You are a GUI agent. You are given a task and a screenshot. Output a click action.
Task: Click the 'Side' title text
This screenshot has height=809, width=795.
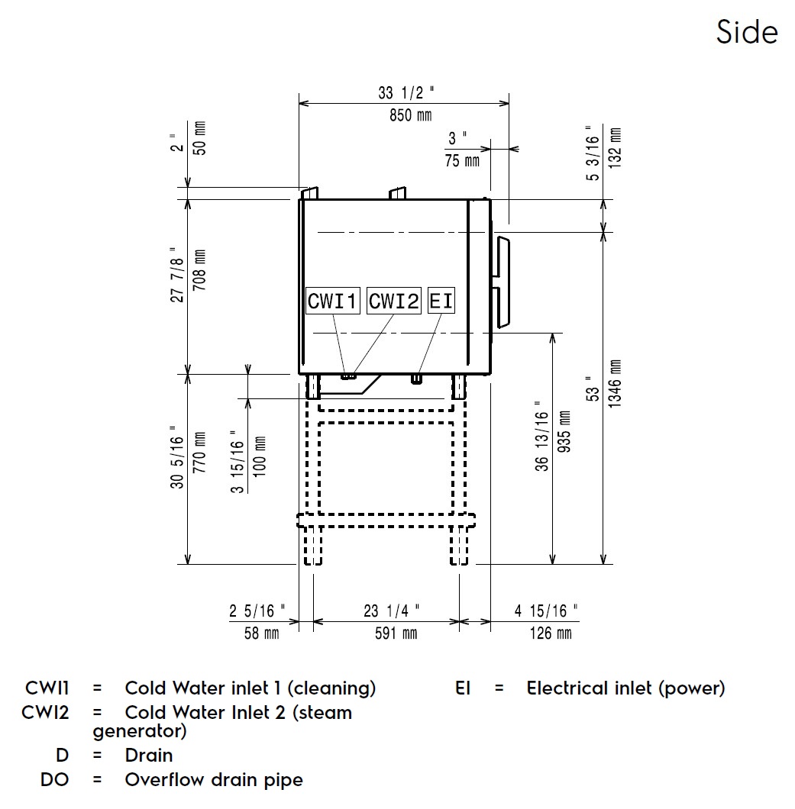point(747,32)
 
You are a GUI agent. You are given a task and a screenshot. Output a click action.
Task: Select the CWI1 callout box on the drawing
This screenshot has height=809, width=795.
point(332,301)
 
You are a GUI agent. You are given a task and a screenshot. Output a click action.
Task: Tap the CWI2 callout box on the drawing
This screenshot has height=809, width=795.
point(394,301)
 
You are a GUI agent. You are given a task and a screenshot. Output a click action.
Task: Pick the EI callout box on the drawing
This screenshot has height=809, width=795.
point(441,301)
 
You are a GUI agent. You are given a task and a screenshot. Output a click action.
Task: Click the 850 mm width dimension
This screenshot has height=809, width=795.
point(405,115)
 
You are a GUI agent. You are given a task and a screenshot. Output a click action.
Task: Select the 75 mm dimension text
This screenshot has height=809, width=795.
point(462,160)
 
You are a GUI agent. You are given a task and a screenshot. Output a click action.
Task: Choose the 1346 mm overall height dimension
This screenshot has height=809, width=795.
point(616,384)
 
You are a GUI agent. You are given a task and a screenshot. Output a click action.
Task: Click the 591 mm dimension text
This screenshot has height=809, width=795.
point(391,633)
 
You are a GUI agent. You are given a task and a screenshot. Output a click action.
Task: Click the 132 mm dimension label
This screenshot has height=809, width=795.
point(616,147)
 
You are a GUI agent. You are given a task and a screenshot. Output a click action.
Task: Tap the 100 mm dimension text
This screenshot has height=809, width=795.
point(260,457)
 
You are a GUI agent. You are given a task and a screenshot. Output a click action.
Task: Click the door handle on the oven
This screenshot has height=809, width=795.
point(503,282)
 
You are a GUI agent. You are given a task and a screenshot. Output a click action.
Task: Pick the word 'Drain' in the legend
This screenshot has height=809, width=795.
point(149,756)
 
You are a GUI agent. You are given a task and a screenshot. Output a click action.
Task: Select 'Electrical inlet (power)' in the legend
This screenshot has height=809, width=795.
point(625,688)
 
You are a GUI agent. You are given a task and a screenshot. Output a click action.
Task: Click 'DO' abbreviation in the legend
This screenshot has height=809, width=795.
point(54,780)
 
